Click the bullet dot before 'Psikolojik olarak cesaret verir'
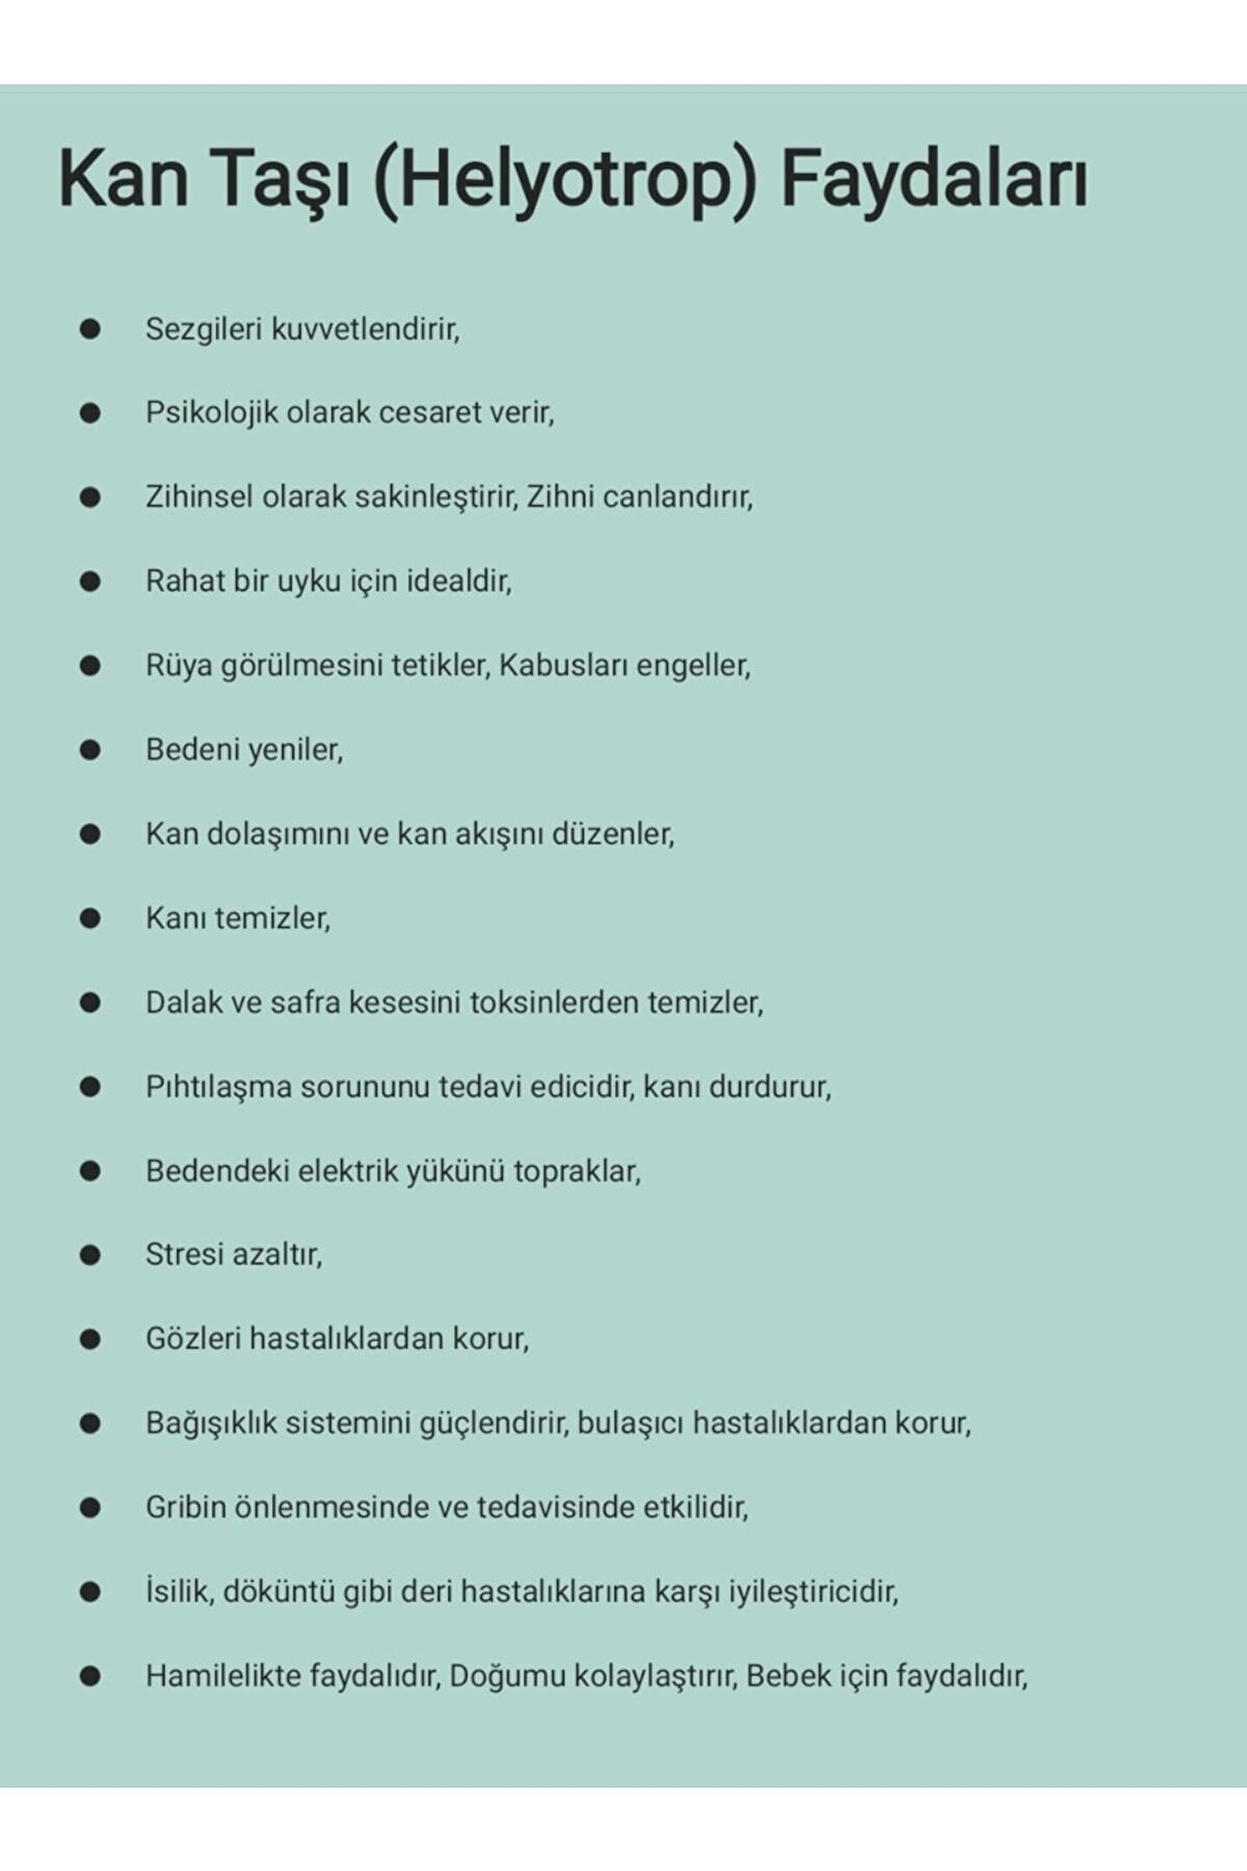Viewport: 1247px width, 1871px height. point(90,414)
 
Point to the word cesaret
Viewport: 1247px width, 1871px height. point(434,413)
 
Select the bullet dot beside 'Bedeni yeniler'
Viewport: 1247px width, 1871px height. point(90,750)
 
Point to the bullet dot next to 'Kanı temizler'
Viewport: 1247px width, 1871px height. point(90,918)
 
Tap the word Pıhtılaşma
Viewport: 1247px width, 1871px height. point(218,1087)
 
